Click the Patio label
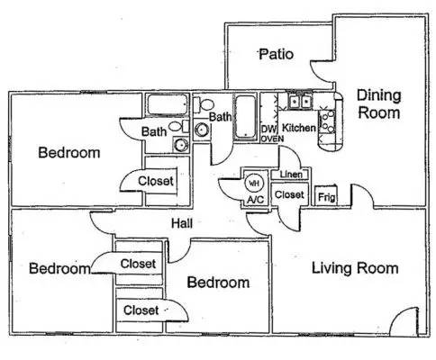[x=277, y=54]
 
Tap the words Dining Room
[x=379, y=104]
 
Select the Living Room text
[x=355, y=268]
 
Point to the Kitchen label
[x=299, y=128]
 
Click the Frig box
[x=326, y=196]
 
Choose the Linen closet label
[x=291, y=175]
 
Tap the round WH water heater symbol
[x=254, y=183]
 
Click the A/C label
[x=255, y=200]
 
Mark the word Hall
[x=182, y=223]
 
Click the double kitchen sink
[x=300, y=102]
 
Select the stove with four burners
[x=327, y=122]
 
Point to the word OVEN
[x=272, y=139]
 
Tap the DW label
[x=268, y=130]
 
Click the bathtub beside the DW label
[x=246, y=117]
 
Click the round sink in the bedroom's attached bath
[x=181, y=145]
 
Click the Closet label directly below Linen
[x=289, y=195]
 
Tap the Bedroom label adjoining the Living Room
[x=218, y=283]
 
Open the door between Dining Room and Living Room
[x=363, y=196]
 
